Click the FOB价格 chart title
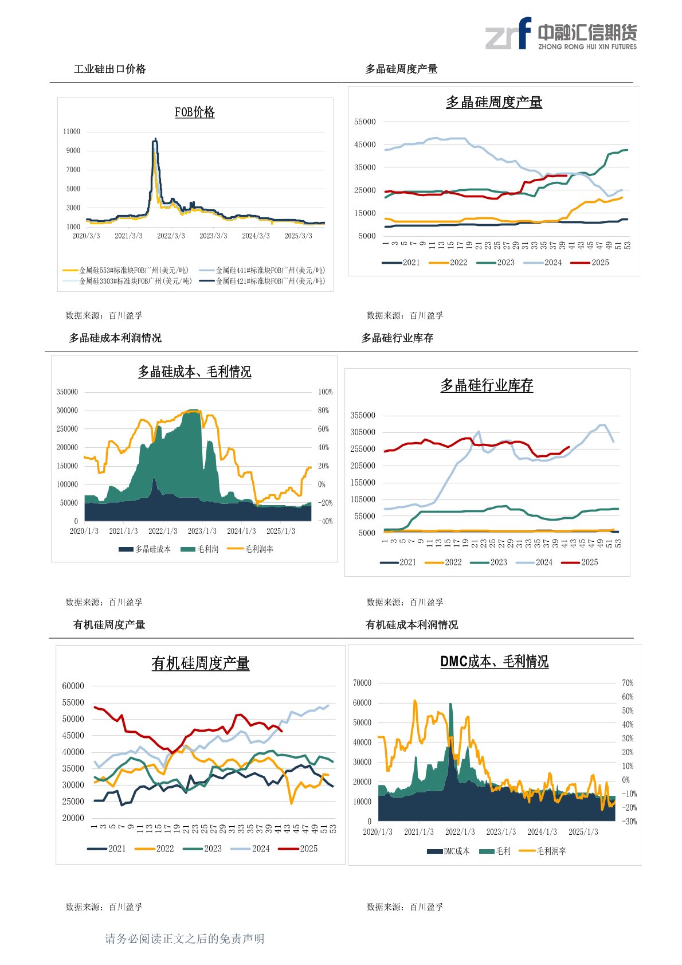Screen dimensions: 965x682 point(195,112)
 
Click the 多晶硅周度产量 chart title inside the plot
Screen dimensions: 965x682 point(494,103)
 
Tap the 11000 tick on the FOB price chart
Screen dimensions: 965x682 point(72,132)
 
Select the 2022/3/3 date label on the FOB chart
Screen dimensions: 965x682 point(171,236)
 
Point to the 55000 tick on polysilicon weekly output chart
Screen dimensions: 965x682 point(364,122)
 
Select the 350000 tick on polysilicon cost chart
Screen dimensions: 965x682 point(67,392)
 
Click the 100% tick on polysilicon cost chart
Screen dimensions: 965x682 point(325,392)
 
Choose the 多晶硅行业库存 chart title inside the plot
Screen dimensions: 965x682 point(487,386)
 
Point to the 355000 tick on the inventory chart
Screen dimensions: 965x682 point(363,415)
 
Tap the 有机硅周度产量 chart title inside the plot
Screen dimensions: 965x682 point(201,663)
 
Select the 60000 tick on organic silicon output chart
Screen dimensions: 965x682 point(73,686)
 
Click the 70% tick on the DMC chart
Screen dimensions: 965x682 point(628,683)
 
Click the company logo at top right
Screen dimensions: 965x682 point(561,34)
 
